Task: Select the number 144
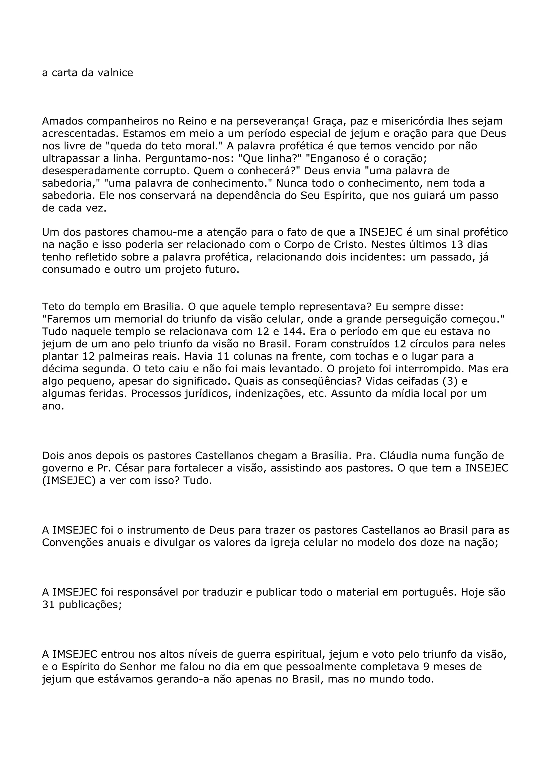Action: coord(294,332)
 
